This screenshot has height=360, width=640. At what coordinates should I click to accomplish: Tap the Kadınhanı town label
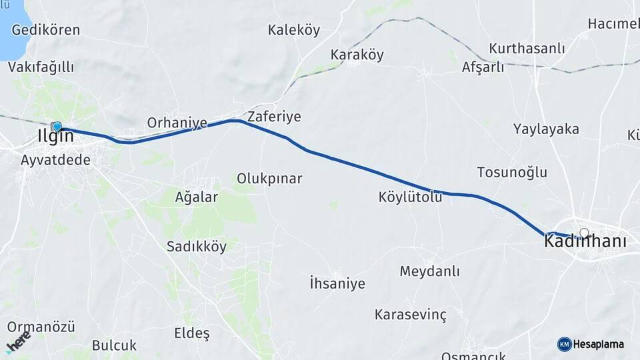pyautogui.click(x=585, y=242)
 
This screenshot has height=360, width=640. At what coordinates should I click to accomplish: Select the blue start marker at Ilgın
pyautogui.click(x=57, y=126)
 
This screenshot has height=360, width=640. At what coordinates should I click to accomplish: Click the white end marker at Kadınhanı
pyautogui.click(x=585, y=233)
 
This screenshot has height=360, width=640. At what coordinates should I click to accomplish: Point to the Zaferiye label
pyautogui.click(x=274, y=117)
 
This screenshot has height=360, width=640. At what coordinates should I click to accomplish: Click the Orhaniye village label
pyautogui.click(x=177, y=123)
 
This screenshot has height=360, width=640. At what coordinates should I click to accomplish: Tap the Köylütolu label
pyautogui.click(x=410, y=197)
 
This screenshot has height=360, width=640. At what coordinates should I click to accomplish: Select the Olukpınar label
pyautogui.click(x=269, y=179)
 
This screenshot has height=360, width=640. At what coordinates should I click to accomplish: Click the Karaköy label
pyautogui.click(x=357, y=55)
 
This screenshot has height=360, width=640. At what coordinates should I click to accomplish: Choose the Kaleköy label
pyautogui.click(x=294, y=30)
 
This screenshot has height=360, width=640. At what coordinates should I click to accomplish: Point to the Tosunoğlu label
pyautogui.click(x=512, y=172)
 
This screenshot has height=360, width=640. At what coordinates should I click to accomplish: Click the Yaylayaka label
pyautogui.click(x=546, y=129)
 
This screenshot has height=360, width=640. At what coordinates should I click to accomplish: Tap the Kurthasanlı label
pyautogui.click(x=527, y=49)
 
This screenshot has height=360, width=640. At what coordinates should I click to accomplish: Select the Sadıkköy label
pyautogui.click(x=197, y=247)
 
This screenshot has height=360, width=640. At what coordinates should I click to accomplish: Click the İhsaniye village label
pyautogui.click(x=337, y=284)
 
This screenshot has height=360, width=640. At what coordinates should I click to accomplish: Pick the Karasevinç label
pyautogui.click(x=411, y=313)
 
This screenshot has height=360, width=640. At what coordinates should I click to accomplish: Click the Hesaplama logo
pyautogui.click(x=591, y=344)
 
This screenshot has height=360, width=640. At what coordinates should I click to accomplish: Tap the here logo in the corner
pyautogui.click(x=18, y=342)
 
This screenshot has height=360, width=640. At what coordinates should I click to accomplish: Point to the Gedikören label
pyautogui.click(x=45, y=30)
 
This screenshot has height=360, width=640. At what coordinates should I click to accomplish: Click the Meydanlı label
pyautogui.click(x=430, y=271)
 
